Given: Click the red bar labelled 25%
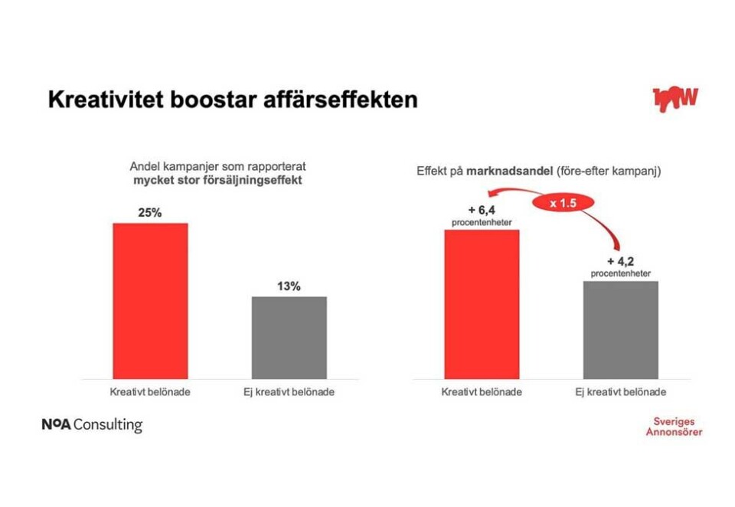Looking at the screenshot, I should point(150,300).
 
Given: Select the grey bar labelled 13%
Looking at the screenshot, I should point(289,337).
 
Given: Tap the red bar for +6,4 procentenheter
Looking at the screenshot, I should point(482,304).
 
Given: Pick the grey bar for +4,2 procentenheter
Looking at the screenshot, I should point(621,329).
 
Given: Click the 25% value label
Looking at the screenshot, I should point(150,213).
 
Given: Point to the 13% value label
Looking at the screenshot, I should point(289,286).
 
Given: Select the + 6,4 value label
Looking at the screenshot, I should point(482,211).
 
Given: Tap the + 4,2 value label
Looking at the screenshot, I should point(621,261).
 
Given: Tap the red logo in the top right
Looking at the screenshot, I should point(675,97).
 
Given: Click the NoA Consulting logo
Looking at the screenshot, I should point(92,424).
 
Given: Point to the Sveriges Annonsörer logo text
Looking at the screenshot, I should point(673,427).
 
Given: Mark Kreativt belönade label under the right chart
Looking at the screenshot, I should point(482,392).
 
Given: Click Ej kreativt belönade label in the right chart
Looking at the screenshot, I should point(620,392).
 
